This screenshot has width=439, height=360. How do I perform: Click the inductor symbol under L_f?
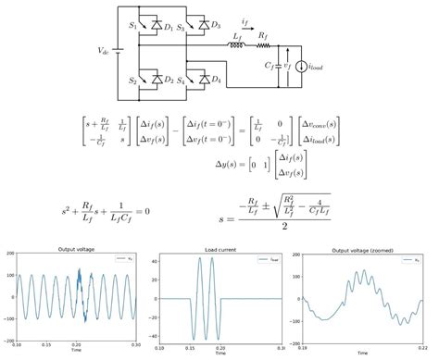[237, 43]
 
